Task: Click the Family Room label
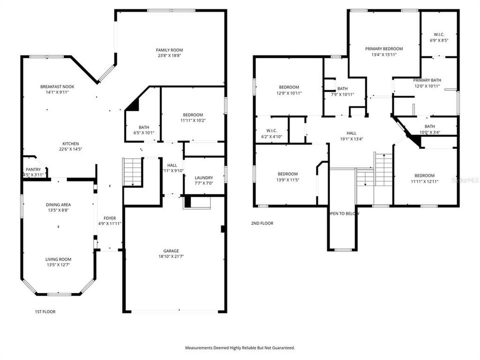point(169,50)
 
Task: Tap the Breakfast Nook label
point(57,86)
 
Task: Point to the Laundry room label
point(204,177)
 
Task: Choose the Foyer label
point(109,218)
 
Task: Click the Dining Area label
point(58,204)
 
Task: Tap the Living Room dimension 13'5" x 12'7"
point(58,265)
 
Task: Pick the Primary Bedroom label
point(383,48)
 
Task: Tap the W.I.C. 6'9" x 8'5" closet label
point(439,34)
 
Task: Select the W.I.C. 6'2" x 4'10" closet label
point(271,130)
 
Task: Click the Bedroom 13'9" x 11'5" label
point(287,174)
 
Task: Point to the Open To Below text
point(342,213)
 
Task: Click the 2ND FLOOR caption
point(262,223)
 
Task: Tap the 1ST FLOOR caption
point(45,311)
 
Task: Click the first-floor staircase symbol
point(132,171)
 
